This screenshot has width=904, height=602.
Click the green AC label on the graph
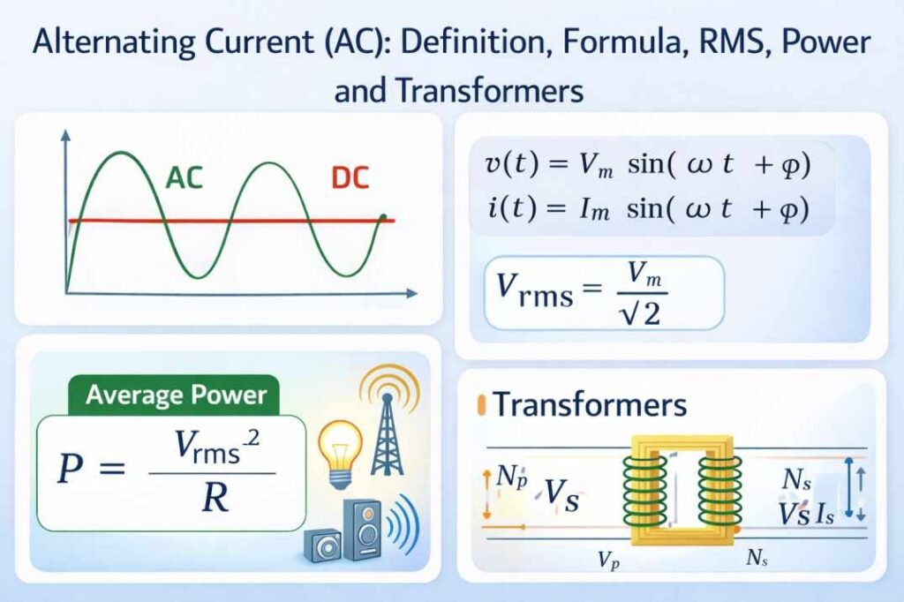click(x=184, y=179)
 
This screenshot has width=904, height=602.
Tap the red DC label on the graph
click(x=350, y=179)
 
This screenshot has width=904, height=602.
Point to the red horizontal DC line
click(x=265, y=221)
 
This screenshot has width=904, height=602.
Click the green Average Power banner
click(x=175, y=395)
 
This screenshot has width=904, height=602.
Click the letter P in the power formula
click(x=74, y=470)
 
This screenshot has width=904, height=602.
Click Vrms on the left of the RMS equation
click(x=530, y=292)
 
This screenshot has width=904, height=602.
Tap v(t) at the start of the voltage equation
click(x=507, y=164)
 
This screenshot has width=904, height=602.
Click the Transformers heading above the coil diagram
click(x=589, y=404)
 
